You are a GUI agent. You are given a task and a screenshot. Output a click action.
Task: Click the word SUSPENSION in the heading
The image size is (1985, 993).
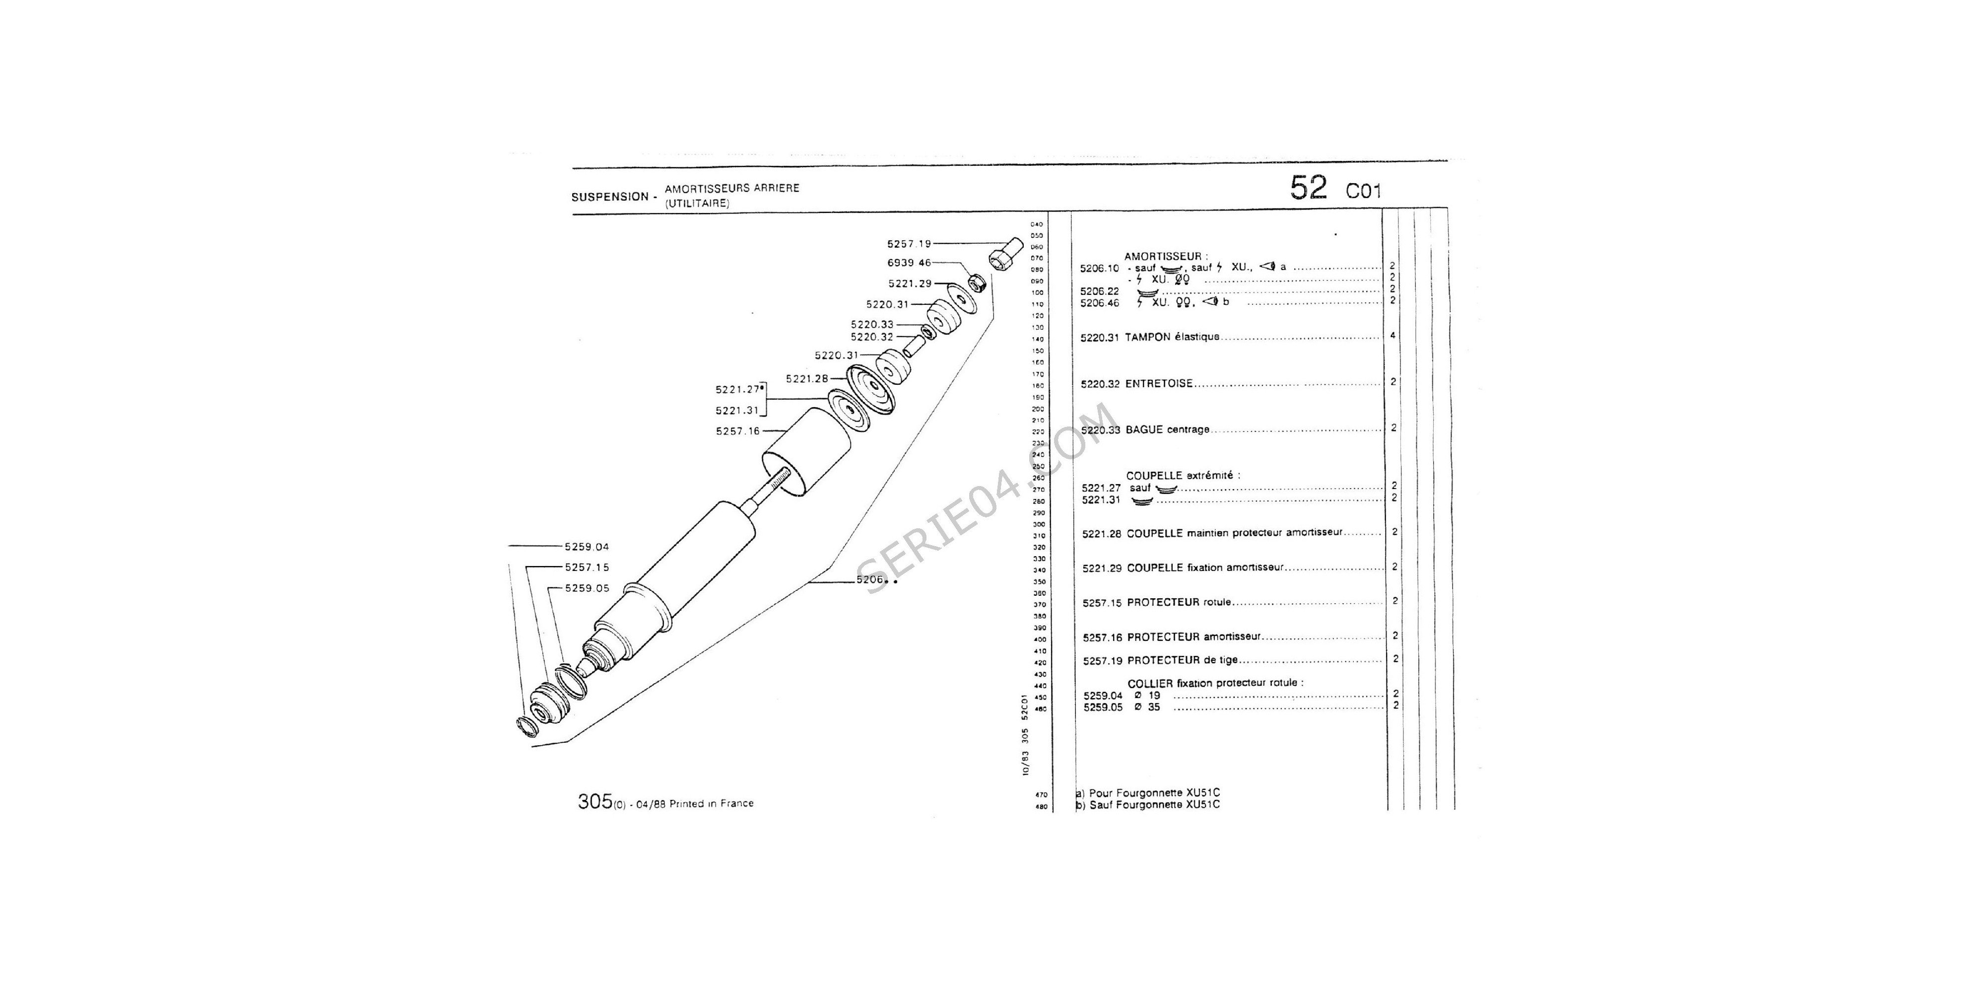click(x=609, y=197)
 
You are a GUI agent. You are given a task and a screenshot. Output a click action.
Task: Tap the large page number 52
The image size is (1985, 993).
click(x=1309, y=188)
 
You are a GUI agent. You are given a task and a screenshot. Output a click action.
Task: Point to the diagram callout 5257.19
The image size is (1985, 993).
click(x=909, y=244)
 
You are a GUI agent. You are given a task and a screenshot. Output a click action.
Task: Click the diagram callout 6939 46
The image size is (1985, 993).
click(x=909, y=263)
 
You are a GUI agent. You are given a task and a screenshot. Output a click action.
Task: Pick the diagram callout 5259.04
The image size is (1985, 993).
click(x=587, y=547)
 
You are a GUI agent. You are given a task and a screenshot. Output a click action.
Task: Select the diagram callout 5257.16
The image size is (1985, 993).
click(x=737, y=431)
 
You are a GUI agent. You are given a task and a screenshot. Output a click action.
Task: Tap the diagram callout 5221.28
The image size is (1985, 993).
click(x=807, y=378)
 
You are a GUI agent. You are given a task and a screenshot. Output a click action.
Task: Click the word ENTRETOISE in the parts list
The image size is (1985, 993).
click(x=1159, y=383)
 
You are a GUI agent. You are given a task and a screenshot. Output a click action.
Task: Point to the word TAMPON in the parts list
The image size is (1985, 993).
click(x=1147, y=337)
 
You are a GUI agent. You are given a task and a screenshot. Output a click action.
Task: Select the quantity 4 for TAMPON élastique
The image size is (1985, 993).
click(x=1393, y=335)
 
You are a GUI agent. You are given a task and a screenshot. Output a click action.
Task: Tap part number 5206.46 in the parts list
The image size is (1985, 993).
click(x=1100, y=303)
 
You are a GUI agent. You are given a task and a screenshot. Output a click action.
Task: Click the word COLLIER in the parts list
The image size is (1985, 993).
click(x=1150, y=683)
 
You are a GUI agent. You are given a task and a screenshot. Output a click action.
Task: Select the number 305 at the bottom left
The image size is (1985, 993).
click(x=594, y=802)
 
